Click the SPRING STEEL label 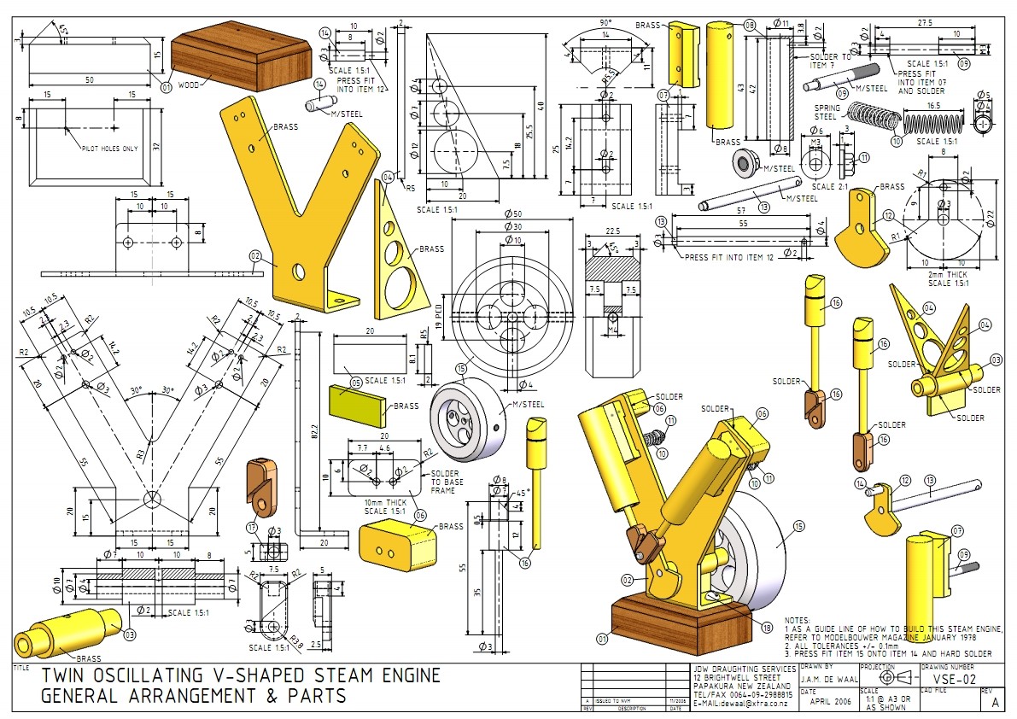[826, 111]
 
